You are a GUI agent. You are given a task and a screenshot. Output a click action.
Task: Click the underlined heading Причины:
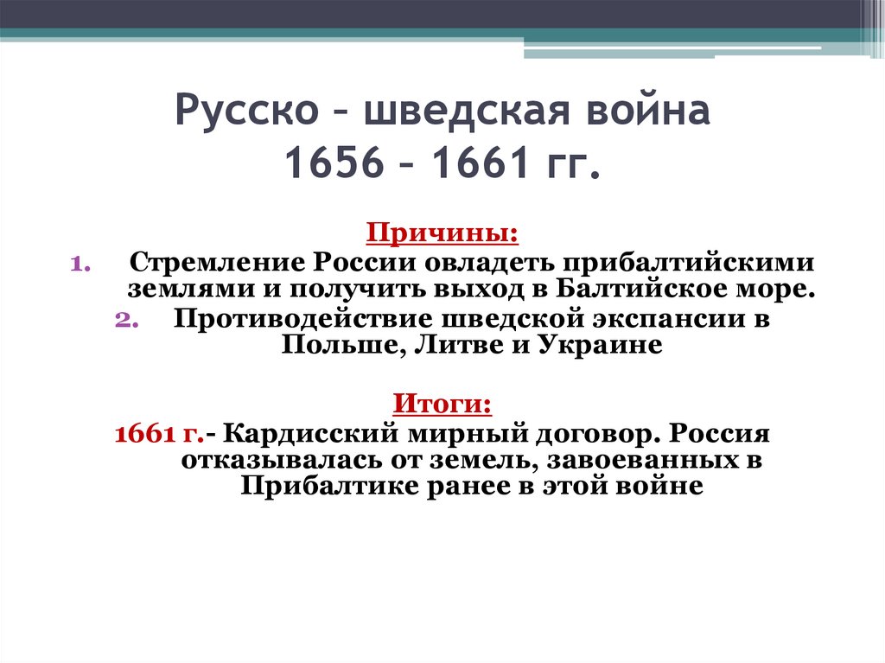point(443,233)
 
